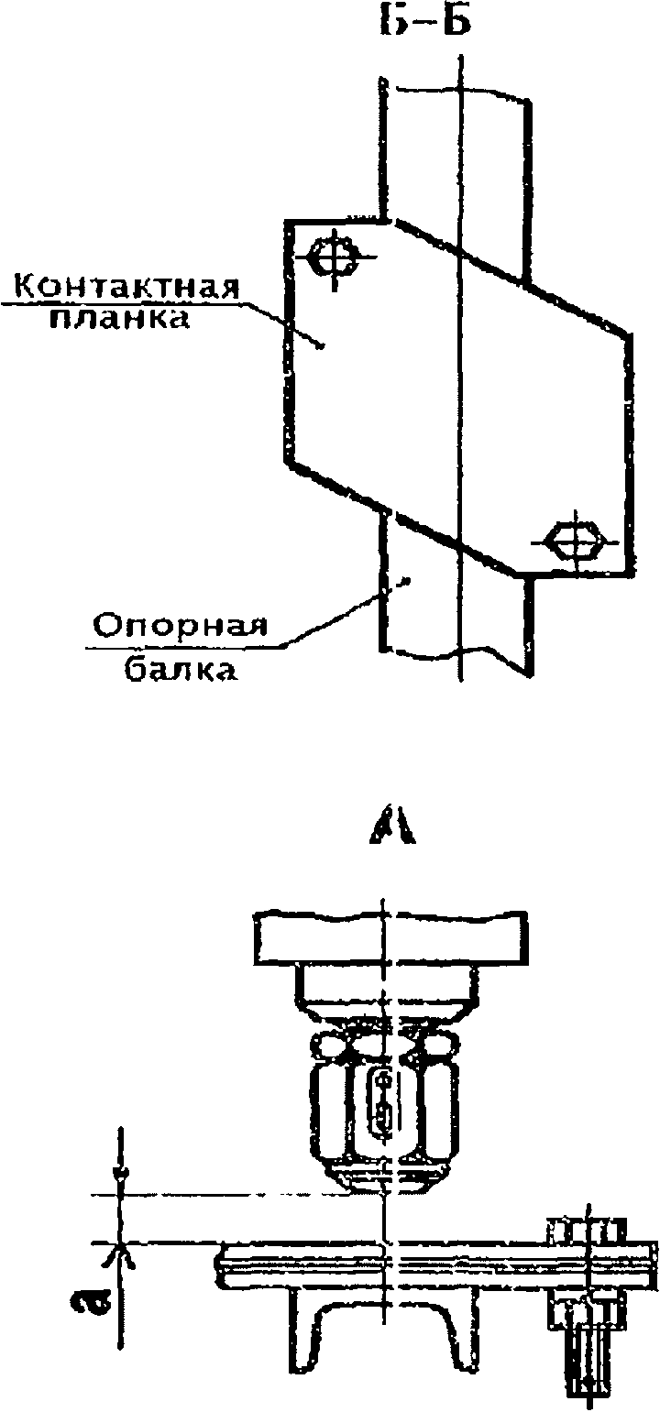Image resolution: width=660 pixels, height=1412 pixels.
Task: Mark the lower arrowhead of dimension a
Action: (x=120, y=1253)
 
